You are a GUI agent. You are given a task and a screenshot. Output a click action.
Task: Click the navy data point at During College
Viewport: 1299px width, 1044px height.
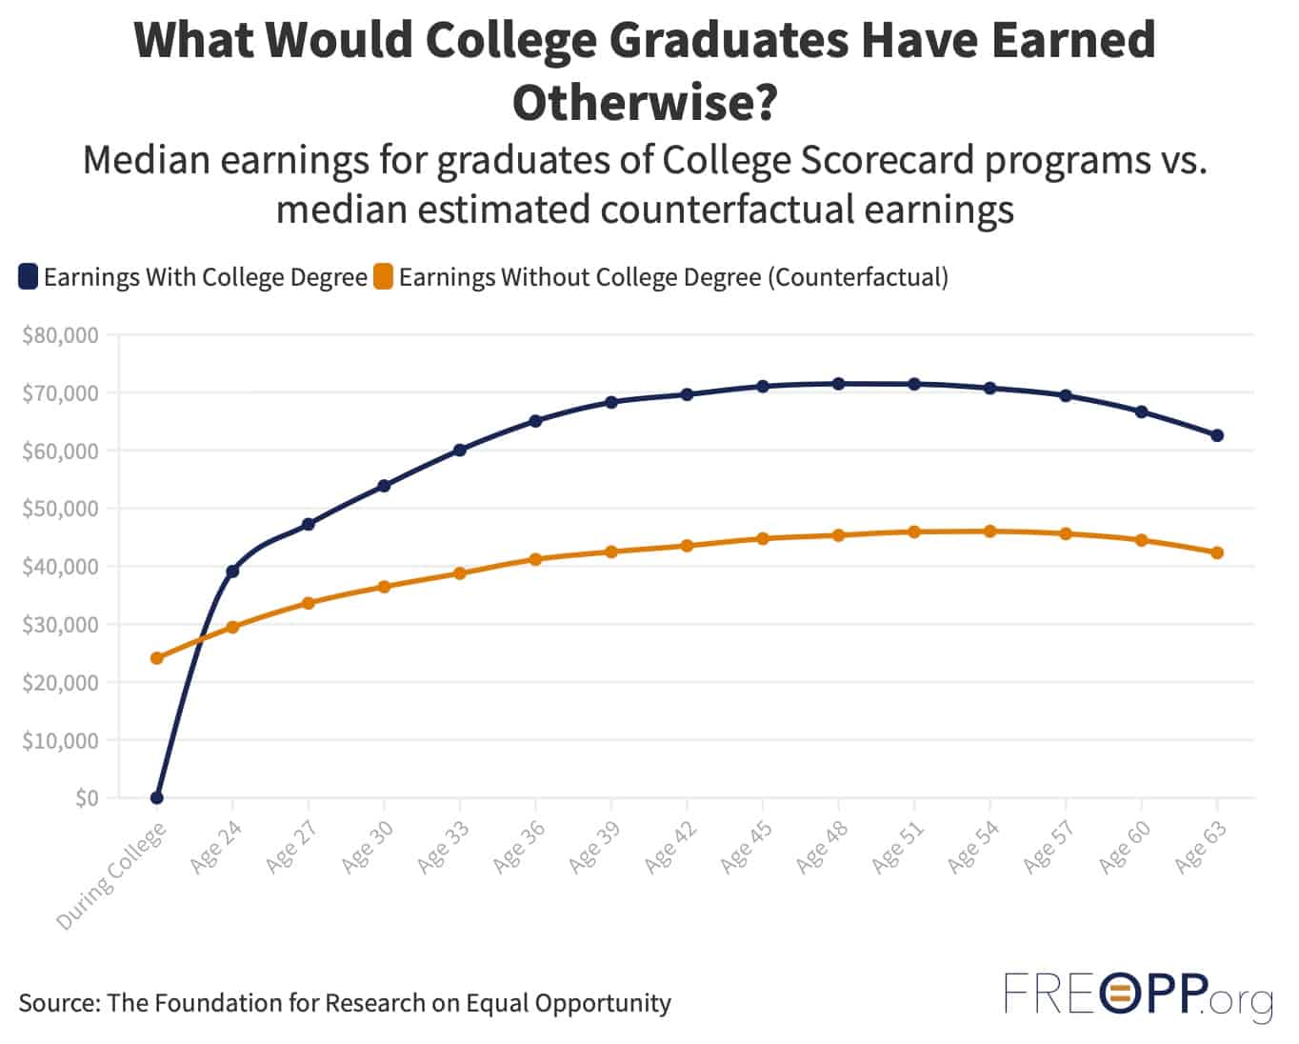pyautogui.click(x=157, y=797)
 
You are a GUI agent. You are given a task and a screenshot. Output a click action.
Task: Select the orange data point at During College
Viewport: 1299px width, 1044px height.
pyautogui.click(x=157, y=658)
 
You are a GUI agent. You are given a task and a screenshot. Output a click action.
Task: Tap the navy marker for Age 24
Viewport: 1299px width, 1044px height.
pyautogui.click(x=232, y=572)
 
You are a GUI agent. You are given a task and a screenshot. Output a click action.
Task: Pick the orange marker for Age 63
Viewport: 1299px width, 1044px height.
pyautogui.click(x=1216, y=552)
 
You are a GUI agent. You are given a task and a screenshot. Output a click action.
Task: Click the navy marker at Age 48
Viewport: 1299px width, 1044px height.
pyautogui.click(x=838, y=384)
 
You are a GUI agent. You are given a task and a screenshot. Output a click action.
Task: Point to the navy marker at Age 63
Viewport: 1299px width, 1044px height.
pyautogui.click(x=1216, y=435)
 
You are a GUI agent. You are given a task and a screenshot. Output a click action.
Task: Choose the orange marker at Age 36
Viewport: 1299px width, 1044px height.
pyautogui.click(x=535, y=559)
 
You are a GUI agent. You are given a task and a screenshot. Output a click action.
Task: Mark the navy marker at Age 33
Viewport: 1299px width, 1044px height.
pyautogui.click(x=460, y=450)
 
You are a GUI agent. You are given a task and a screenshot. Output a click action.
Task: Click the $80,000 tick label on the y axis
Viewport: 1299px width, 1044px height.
pyautogui.click(x=60, y=335)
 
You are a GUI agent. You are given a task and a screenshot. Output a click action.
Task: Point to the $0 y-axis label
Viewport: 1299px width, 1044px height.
pyautogui.click(x=86, y=798)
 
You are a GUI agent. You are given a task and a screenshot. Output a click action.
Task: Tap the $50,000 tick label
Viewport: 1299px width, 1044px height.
pyautogui.click(x=60, y=509)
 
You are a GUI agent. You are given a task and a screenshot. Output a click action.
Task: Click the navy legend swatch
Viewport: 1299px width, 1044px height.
pyautogui.click(x=28, y=277)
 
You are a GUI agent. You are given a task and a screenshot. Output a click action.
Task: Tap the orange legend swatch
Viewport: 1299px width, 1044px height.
pyautogui.click(x=383, y=277)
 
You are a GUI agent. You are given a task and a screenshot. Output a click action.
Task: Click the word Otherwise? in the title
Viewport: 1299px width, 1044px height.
pyautogui.click(x=645, y=101)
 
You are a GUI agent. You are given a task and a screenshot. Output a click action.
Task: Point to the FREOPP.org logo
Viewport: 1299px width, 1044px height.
pyautogui.click(x=1138, y=997)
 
